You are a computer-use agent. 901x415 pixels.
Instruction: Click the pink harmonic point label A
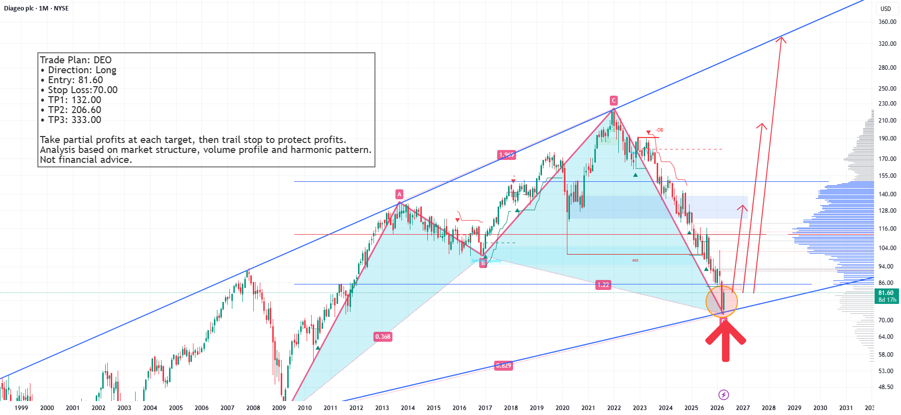(399, 194)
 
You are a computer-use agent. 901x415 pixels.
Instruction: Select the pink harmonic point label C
(614, 100)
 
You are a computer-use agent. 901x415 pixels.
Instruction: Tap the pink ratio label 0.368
(383, 337)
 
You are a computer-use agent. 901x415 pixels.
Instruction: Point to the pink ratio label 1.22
(603, 285)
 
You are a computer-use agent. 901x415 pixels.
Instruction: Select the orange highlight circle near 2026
(721, 301)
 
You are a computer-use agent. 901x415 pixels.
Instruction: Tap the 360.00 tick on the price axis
(887, 22)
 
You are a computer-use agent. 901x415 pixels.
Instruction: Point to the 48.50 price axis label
(886, 387)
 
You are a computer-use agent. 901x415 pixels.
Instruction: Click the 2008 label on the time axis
(253, 408)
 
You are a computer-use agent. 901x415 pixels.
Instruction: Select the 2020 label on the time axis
(562, 408)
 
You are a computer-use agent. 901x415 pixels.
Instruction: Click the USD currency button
(886, 8)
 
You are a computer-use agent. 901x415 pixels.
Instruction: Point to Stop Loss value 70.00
(105, 90)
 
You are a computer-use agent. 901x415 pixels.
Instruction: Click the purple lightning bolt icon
(723, 395)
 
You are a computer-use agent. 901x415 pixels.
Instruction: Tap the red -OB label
(659, 130)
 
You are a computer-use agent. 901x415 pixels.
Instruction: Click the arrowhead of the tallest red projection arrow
(781, 39)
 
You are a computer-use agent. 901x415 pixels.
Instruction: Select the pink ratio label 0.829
(503, 366)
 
